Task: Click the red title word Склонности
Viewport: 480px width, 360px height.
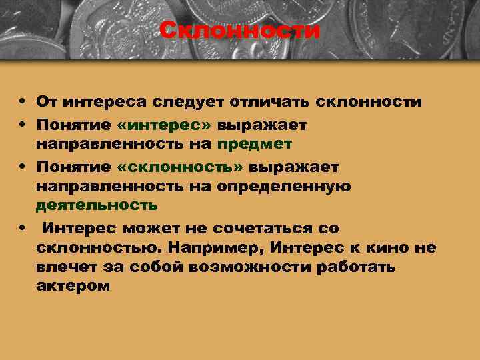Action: point(240,31)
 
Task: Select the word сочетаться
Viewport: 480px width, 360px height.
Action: point(253,228)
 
